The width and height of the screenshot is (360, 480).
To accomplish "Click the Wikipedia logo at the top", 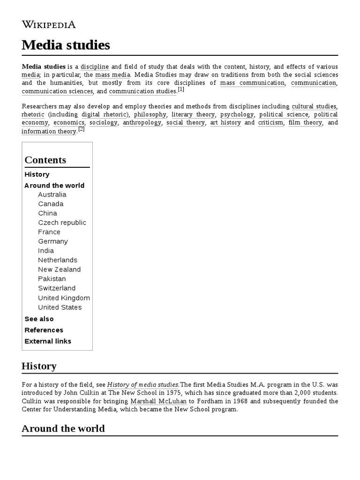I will click(49, 24).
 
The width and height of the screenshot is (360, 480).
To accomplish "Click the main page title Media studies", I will click(66, 45).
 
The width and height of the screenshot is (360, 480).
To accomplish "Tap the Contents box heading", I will click(45, 160).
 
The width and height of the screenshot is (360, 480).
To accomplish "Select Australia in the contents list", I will click(52, 195).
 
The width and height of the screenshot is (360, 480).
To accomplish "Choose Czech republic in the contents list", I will click(62, 223).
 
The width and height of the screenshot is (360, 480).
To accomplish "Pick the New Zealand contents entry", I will click(59, 270).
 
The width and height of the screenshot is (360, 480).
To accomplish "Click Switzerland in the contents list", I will click(57, 288).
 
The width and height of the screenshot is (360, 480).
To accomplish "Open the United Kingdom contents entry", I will click(64, 298).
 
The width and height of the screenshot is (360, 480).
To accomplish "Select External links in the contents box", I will click(48, 341).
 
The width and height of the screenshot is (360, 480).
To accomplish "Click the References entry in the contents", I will click(44, 330).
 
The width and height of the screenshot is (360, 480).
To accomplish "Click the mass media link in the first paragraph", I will click(112, 75).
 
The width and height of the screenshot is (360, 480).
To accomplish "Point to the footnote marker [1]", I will click(181, 90).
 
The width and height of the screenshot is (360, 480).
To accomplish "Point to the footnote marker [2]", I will click(81, 129).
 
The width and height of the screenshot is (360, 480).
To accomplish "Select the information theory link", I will click(49, 131).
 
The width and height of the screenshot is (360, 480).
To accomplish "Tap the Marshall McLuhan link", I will click(158, 401).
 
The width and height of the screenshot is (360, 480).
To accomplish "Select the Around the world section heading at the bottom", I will click(63, 428).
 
